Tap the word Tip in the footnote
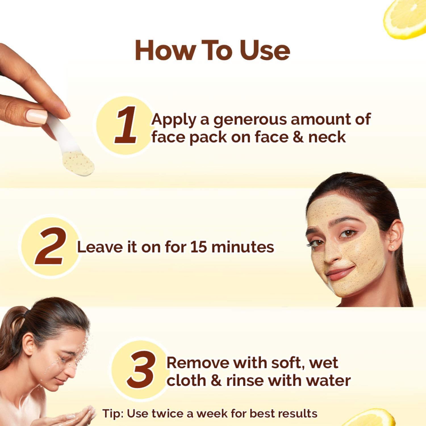(111, 414)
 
